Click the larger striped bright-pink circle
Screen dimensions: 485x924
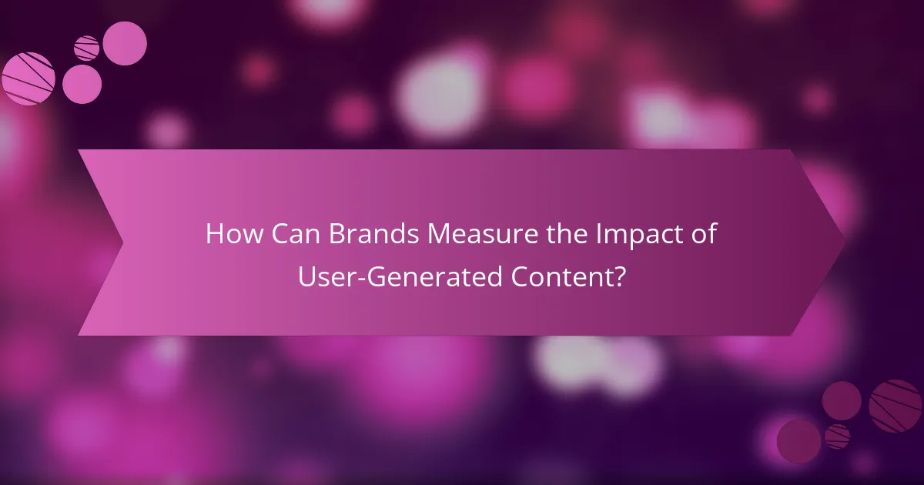pos(28,79)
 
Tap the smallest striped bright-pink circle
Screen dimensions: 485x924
pos(87,48)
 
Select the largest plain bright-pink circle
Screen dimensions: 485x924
pos(125,43)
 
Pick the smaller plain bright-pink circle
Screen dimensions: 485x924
pos(82,83)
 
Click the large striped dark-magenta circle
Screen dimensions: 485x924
pos(895,406)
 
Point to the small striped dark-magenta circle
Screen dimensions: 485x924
pos(837,436)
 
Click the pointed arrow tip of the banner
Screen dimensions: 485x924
pos(845,242)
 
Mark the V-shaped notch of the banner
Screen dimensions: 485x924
pos(122,242)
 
